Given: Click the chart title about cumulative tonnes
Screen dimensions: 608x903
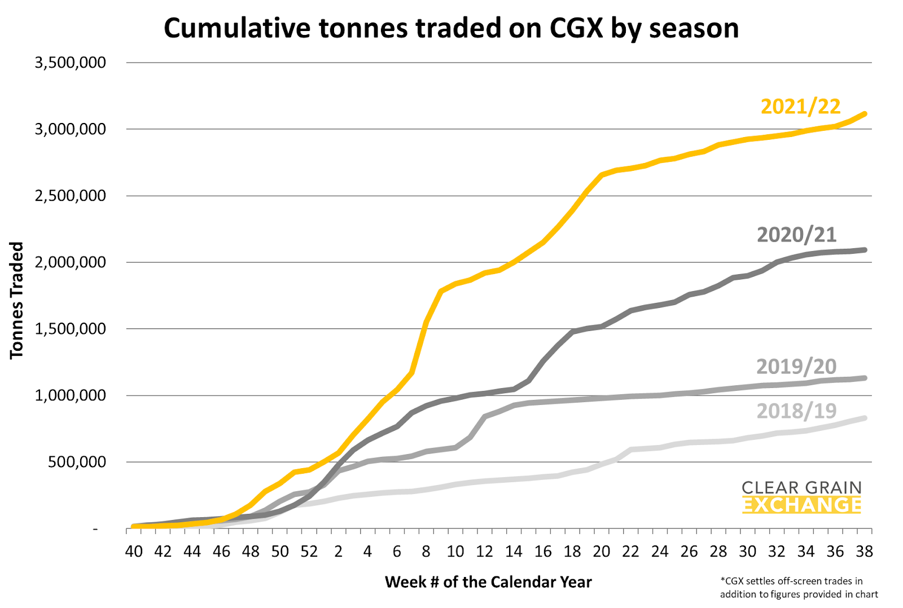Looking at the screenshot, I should (451, 28).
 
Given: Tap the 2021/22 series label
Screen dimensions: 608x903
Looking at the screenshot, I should (800, 106).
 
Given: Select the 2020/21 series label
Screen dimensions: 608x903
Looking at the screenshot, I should (796, 234).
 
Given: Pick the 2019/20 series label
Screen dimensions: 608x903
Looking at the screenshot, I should (796, 366).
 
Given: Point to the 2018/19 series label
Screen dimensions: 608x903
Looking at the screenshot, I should (796, 411).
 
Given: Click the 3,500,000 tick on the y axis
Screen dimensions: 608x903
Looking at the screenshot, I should (71, 63).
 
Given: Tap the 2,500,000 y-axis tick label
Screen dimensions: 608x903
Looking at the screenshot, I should (71, 196).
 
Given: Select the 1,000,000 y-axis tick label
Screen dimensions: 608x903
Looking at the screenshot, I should (71, 395).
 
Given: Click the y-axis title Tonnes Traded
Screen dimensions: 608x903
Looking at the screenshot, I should (17, 300).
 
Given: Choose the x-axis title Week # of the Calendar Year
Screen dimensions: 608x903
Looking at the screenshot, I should (488, 582).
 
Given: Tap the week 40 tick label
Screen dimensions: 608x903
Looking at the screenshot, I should (134, 551).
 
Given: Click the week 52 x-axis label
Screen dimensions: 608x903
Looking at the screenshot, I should (309, 551).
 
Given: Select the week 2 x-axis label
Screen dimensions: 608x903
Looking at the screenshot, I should (339, 551).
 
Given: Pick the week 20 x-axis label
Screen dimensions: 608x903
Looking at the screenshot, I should (602, 551).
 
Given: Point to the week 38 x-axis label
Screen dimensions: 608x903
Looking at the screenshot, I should (864, 551).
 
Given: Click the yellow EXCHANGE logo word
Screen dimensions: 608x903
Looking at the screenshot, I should (801, 505).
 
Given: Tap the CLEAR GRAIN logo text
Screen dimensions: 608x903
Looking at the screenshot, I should (801, 487).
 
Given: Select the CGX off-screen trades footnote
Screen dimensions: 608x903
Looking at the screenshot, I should (799, 587).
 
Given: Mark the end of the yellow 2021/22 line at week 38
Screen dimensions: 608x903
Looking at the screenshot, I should (864, 114).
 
